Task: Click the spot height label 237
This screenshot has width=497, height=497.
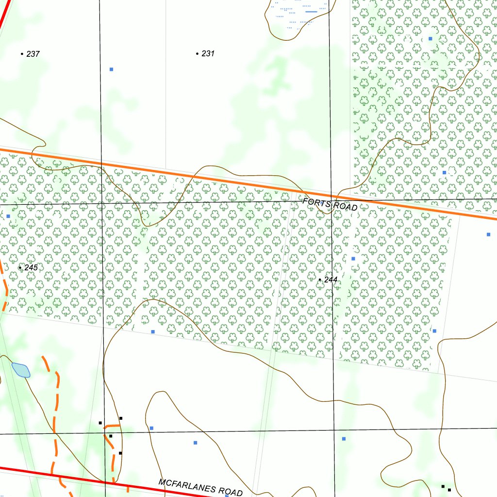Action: click(x=33, y=54)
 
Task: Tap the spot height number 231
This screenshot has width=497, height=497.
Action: click(x=208, y=53)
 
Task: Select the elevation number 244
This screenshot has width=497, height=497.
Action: click(x=331, y=280)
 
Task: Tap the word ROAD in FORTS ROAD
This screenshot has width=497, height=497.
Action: click(x=345, y=207)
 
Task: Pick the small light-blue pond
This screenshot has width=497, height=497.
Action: click(x=21, y=370)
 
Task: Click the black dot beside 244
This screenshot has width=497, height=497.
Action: click(x=319, y=280)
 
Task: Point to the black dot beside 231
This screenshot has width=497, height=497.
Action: click(x=197, y=53)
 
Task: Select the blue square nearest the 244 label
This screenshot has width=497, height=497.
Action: click(x=353, y=259)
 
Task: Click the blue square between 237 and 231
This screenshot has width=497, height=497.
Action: click(x=111, y=69)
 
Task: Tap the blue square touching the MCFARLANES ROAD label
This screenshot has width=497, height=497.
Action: click(x=227, y=496)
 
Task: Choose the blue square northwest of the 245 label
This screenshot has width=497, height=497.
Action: click(x=8, y=216)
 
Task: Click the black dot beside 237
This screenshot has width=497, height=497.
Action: click(x=22, y=54)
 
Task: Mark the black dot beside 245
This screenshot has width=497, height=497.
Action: click(x=20, y=267)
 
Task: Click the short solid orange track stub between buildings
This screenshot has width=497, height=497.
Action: click(x=113, y=426)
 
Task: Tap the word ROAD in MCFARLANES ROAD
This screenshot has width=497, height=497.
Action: click(x=232, y=492)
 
